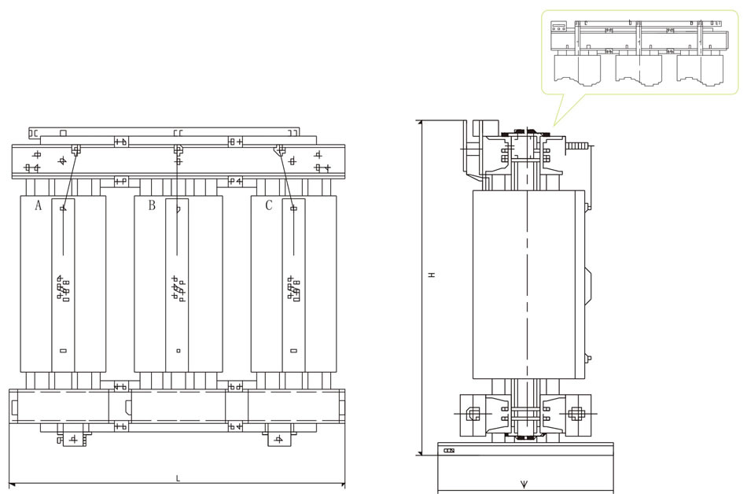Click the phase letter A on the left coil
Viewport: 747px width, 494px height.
click(38, 206)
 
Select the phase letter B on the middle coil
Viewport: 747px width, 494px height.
click(152, 206)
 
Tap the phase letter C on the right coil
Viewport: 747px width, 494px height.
click(269, 206)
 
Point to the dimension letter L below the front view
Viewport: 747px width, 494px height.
click(178, 477)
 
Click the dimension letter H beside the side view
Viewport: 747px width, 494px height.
click(431, 275)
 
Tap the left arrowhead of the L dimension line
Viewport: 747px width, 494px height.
click(12, 483)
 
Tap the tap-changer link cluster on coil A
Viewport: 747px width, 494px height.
click(62, 288)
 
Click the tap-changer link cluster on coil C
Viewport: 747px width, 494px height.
click(294, 288)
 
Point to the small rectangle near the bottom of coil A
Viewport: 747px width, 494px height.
click(63, 351)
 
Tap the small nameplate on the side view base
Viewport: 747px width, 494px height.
click(450, 452)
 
